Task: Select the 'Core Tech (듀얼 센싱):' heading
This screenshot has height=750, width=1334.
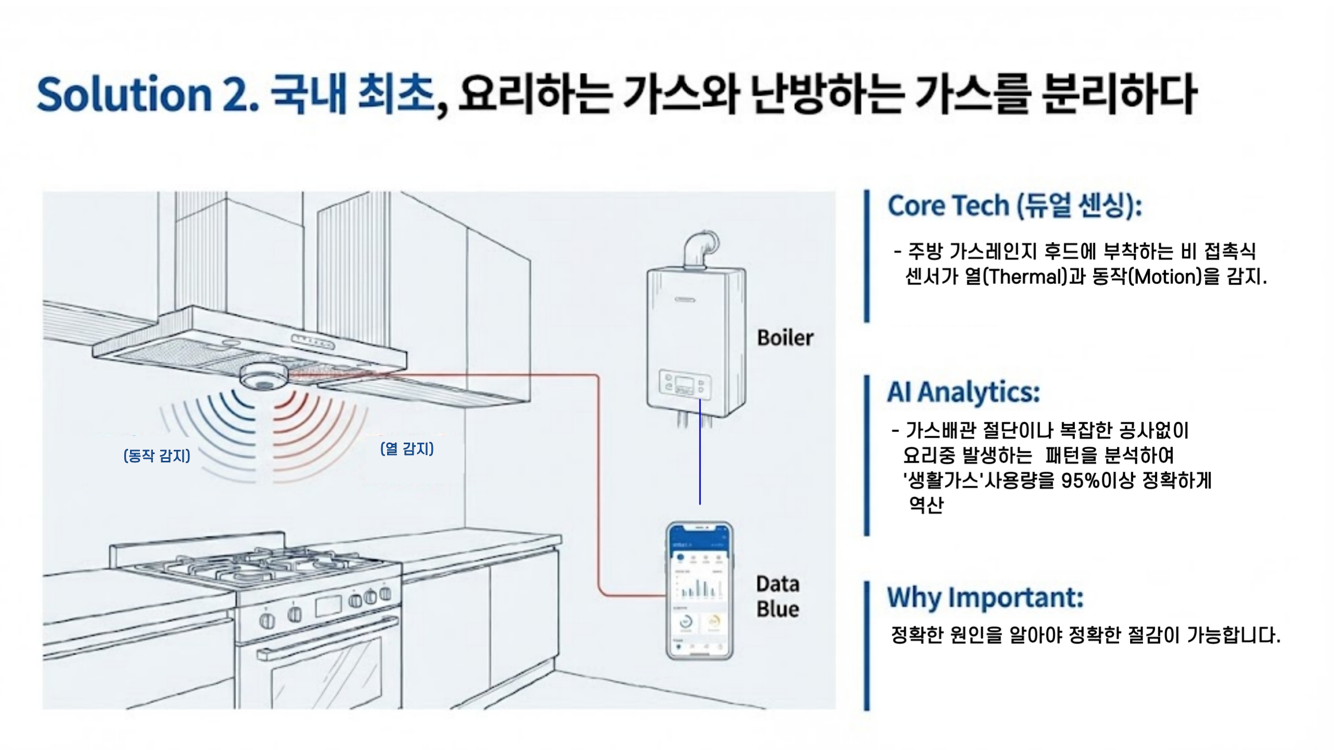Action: point(1015,206)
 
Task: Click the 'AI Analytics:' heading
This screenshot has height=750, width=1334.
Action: point(963,392)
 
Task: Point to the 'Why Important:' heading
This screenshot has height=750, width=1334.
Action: point(985,597)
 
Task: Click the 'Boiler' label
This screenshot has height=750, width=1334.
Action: point(785,338)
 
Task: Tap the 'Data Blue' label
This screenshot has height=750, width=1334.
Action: point(777,597)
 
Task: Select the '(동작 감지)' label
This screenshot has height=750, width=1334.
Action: point(157,456)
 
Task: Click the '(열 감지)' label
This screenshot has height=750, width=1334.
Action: point(407,448)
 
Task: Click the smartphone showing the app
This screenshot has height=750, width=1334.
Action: point(699,591)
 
